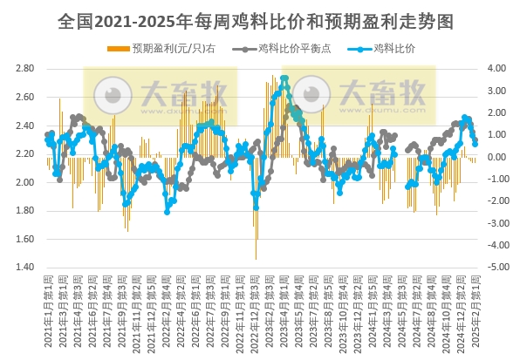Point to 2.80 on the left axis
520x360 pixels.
tap(24, 68)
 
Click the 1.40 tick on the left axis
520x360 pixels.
tap(24, 268)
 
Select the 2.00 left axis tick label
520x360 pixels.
tap(24, 182)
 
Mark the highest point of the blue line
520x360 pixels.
tap(284, 79)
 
